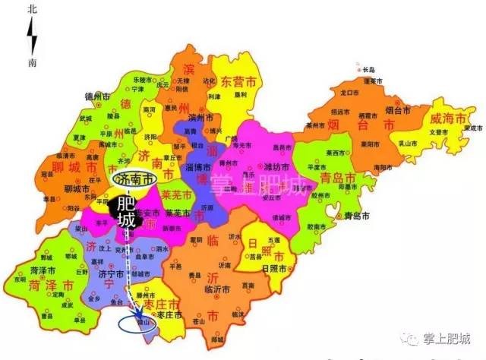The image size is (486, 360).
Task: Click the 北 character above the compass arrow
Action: [31, 10]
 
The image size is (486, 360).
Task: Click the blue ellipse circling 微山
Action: [137, 325]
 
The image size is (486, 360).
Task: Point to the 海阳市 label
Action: [383, 167]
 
